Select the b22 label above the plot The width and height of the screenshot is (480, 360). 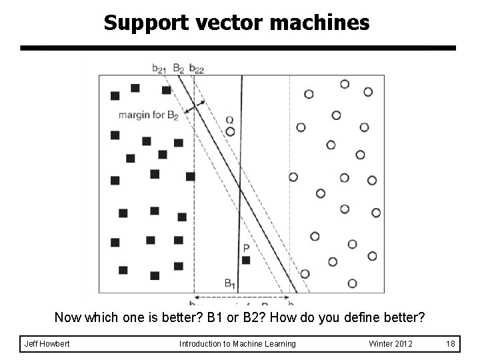point(197,67)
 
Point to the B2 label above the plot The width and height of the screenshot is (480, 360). point(178,67)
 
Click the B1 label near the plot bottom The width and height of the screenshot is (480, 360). point(230,283)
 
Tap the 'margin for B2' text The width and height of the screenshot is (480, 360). point(148,115)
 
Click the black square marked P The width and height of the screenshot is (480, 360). point(246,260)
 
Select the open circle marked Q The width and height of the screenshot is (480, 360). point(230,131)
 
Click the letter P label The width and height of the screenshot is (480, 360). point(246,248)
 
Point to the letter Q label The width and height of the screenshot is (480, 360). point(229,120)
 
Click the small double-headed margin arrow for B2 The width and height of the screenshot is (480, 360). point(194,106)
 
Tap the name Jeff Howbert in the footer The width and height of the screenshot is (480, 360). point(47,344)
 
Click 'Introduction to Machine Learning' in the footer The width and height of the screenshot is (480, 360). point(237,344)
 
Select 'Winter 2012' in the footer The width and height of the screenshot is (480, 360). point(391,344)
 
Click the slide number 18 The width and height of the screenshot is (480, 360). point(450,344)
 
